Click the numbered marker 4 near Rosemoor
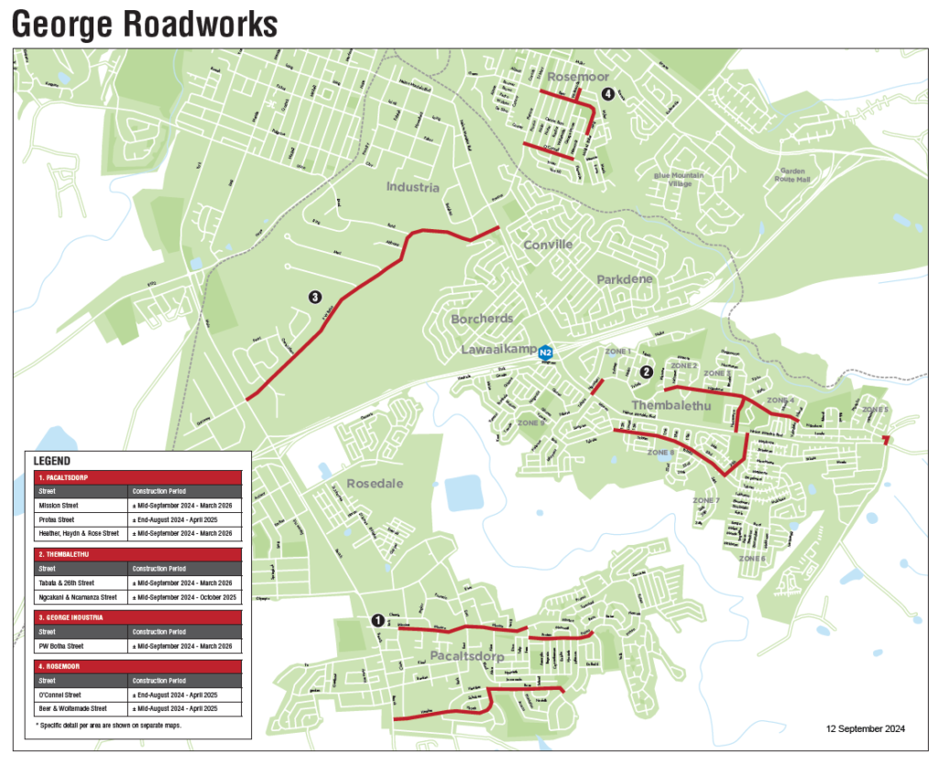[606, 93]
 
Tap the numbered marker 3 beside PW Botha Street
[314, 297]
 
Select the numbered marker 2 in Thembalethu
[647, 371]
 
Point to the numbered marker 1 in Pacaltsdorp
[376, 620]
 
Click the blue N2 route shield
[546, 352]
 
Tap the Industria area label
[412, 188]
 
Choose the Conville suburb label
[548, 245]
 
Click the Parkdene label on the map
[625, 279]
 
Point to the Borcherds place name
[482, 319]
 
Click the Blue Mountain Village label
[679, 180]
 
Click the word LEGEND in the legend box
[52, 461]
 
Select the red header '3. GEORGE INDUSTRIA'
[71, 617]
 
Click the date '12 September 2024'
[865, 728]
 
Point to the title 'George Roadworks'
[144, 23]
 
